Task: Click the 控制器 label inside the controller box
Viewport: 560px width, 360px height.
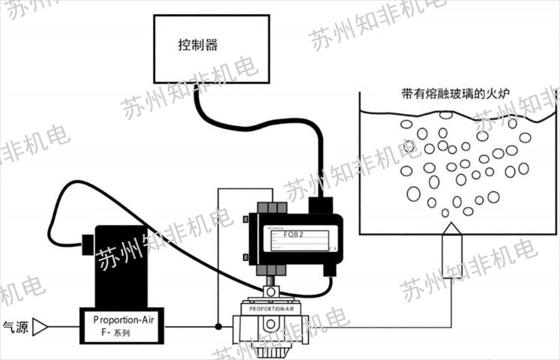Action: (198, 46)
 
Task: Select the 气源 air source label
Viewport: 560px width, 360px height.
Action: (16, 326)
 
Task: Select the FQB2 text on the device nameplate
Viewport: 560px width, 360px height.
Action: (293, 234)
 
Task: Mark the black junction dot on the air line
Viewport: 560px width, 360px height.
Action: (218, 326)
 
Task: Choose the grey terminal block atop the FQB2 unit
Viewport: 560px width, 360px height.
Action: (271, 207)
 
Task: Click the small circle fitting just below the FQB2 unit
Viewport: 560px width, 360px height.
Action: (271, 289)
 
